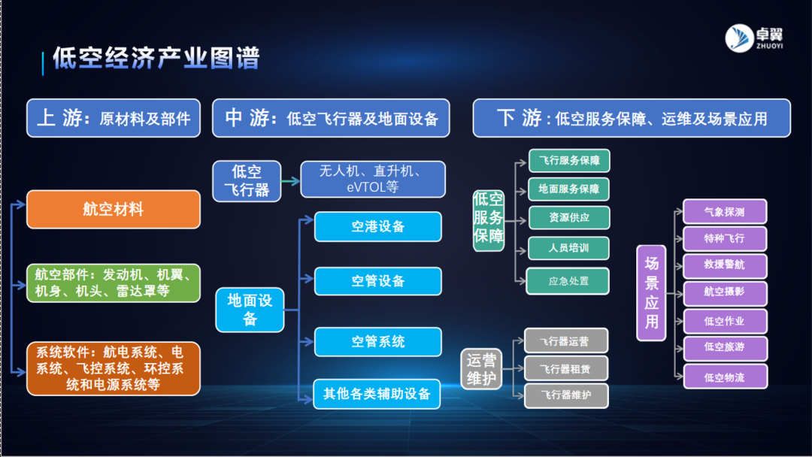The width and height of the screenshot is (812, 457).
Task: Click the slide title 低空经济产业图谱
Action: pos(156,59)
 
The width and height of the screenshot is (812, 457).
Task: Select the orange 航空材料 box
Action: pos(114,209)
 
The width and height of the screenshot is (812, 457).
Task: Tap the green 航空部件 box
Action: pos(114,282)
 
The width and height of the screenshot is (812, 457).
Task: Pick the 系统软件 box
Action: pos(114,368)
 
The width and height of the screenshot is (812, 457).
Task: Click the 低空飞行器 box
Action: pos(247,180)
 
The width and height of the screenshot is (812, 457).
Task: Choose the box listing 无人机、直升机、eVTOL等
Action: pos(373,180)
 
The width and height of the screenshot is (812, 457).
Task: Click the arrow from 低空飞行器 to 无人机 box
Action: pos(291,180)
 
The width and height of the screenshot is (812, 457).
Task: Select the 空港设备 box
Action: pos(377,226)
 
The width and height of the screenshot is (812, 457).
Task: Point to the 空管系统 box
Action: pos(377,341)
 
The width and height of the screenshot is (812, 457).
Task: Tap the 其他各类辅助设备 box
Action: pos(377,394)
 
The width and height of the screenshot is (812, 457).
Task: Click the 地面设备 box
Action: pos(250,310)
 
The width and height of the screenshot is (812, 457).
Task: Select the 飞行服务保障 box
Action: pos(569,161)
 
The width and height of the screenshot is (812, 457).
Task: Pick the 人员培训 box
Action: pos(569,248)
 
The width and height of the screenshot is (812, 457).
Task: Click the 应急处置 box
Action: pos(568,280)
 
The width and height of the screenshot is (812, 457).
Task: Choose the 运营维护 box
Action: pos(481,369)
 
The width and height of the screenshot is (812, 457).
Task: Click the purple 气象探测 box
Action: pos(725,211)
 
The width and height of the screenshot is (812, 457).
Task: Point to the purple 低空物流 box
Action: pos(725,377)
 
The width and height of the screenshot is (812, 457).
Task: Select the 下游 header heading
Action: pos(632,118)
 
